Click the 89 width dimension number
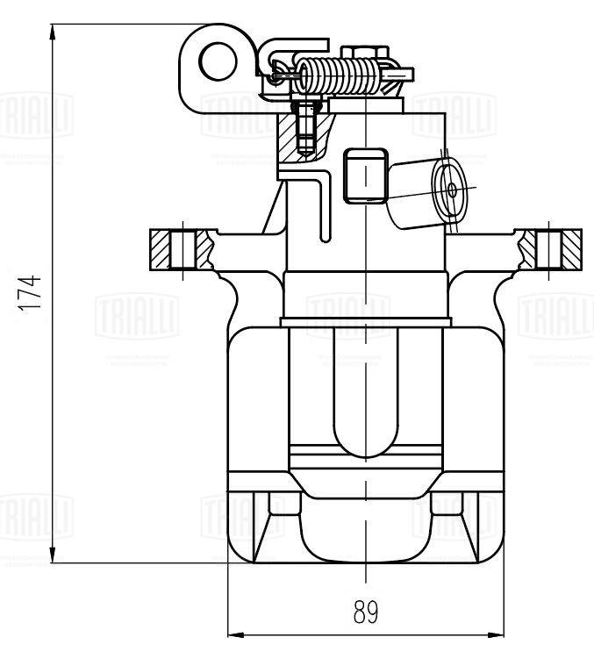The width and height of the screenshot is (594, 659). tap(367, 612)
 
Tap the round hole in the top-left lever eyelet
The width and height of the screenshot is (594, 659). tap(215, 61)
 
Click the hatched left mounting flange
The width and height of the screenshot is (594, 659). tap(180, 250)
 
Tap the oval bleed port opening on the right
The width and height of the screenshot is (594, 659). tap(453, 189)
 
